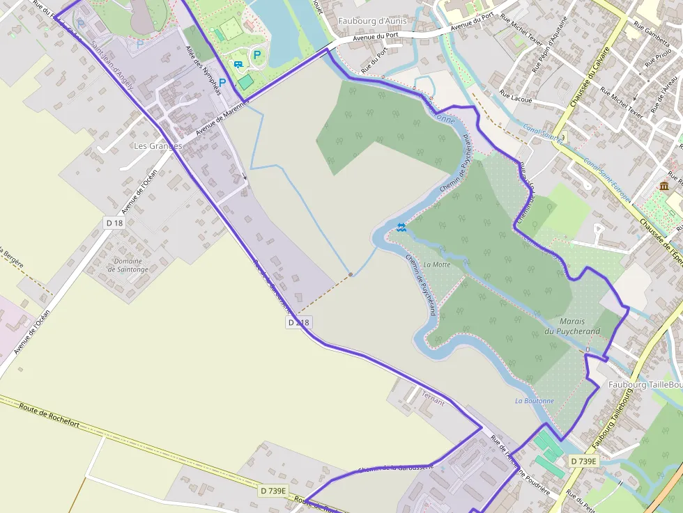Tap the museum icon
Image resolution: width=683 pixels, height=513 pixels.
[x=663, y=186]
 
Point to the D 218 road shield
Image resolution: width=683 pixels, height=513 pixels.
[x=298, y=322]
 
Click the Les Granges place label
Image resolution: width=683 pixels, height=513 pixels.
[x=158, y=146]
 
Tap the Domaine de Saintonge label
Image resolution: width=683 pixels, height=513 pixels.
[x=128, y=265]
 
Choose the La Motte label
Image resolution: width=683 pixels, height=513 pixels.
[x=437, y=265]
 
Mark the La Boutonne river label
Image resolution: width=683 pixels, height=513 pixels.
[x=535, y=401]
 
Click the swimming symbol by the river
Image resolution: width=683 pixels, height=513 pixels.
[x=401, y=226]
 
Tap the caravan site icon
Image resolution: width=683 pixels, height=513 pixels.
[x=239, y=64]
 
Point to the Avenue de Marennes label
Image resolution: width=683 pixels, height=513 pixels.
[x=223, y=116]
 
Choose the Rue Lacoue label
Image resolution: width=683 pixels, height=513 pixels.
[x=516, y=100]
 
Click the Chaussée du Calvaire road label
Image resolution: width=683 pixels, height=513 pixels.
[x=590, y=77]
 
